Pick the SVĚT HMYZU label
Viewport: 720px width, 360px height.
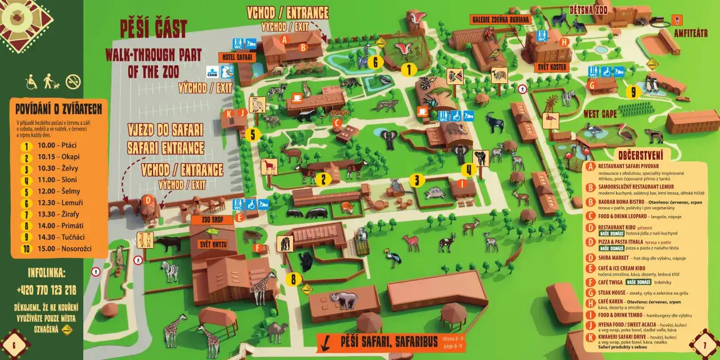tap(212, 244)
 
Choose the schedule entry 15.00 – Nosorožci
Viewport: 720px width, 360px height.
tap(56, 249)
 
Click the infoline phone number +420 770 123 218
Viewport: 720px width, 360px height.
tap(46, 290)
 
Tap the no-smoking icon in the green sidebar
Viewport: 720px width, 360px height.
tap(73, 82)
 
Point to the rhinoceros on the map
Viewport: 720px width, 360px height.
tap(344, 301)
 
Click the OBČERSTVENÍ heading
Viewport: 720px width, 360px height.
tap(640, 155)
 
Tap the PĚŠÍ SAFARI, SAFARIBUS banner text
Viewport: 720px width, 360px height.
tap(388, 341)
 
